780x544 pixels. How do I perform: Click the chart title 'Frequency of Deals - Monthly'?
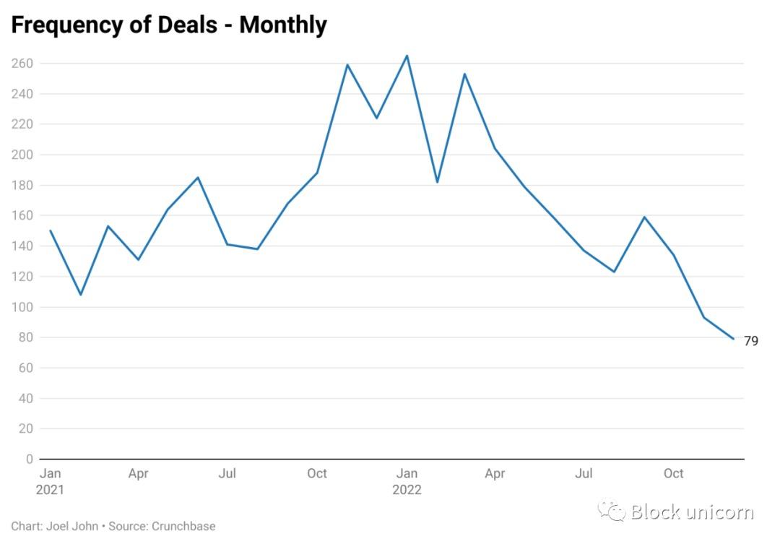(x=169, y=25)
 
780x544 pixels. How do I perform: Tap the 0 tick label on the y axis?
(x=30, y=459)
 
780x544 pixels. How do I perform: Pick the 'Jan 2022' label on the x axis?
(x=407, y=481)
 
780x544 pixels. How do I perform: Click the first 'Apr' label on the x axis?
(x=138, y=474)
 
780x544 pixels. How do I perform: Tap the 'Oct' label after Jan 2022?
(x=674, y=474)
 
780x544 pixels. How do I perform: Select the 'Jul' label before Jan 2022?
(x=227, y=474)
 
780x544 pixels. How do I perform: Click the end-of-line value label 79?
(x=751, y=341)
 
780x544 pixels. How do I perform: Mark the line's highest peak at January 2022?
(x=407, y=56)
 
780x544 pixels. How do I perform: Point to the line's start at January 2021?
(x=50, y=230)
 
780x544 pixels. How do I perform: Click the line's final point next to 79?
(x=734, y=339)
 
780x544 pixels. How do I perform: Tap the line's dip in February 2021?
(x=80, y=295)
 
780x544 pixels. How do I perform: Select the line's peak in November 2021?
(x=347, y=64)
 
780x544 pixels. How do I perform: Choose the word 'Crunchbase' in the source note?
(x=183, y=526)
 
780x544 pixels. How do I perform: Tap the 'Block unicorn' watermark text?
(x=692, y=512)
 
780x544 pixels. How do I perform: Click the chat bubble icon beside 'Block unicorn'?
(x=612, y=511)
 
